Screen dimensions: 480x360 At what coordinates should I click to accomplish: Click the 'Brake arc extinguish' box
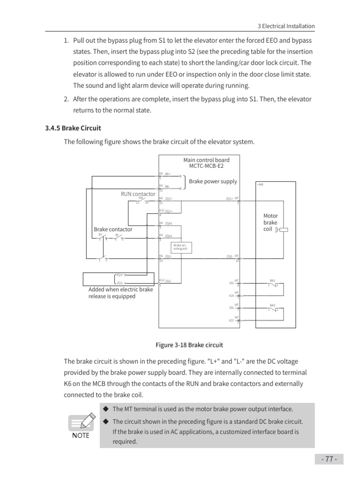click(x=180, y=247)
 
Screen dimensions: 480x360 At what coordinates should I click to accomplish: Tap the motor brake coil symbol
click(x=282, y=230)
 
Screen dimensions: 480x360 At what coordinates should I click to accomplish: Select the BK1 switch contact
click(x=273, y=285)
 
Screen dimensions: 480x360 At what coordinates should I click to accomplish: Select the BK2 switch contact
click(x=273, y=309)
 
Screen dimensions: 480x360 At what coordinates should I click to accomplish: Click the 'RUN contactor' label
click(x=138, y=194)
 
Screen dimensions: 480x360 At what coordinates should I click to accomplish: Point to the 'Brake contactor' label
click(x=113, y=229)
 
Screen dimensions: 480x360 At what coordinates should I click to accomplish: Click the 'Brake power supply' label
click(x=213, y=181)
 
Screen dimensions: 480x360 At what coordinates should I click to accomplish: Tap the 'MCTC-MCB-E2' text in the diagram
click(x=206, y=166)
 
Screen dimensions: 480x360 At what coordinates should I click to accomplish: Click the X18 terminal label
click(x=231, y=296)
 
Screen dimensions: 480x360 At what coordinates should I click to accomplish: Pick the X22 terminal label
click(x=231, y=321)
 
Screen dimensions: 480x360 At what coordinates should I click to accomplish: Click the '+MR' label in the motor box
click(x=260, y=185)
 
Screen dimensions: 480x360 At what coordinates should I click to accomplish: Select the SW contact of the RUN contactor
click(x=141, y=200)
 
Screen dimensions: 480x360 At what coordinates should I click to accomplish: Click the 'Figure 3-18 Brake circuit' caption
click(x=189, y=345)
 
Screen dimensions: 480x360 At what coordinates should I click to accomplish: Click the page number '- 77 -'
click(x=329, y=459)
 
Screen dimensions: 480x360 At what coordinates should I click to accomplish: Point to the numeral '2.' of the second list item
click(x=66, y=99)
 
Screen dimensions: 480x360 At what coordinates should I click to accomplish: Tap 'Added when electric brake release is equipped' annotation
click(x=121, y=293)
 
